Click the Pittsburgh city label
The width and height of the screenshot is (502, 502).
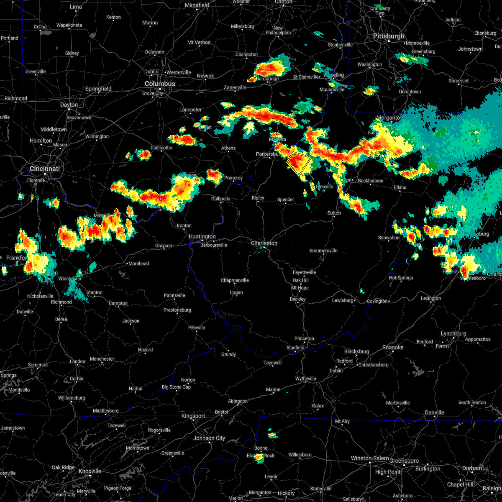point(389,36)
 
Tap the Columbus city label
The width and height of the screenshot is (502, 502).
point(160,84)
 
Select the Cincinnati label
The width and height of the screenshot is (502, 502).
point(44,169)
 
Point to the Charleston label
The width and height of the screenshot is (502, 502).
point(264,243)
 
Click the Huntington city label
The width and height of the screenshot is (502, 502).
point(202,236)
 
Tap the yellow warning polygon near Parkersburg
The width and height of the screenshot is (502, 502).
point(299,164)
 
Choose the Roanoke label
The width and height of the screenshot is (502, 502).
point(393,347)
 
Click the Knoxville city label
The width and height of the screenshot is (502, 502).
point(90,471)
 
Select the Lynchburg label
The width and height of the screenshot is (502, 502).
point(453,333)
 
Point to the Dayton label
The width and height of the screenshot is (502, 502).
point(69,105)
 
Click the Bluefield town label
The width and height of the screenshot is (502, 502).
point(295,347)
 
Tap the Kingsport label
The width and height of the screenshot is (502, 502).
point(193,416)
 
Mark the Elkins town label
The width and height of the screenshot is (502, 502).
point(400,187)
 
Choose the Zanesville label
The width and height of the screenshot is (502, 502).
point(235,87)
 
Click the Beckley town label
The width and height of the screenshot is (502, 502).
point(298,299)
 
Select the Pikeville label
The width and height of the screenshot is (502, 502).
point(197,327)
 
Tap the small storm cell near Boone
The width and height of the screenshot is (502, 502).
point(259,458)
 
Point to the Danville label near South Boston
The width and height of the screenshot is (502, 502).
point(434,412)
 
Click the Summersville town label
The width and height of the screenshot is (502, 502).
point(323,251)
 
